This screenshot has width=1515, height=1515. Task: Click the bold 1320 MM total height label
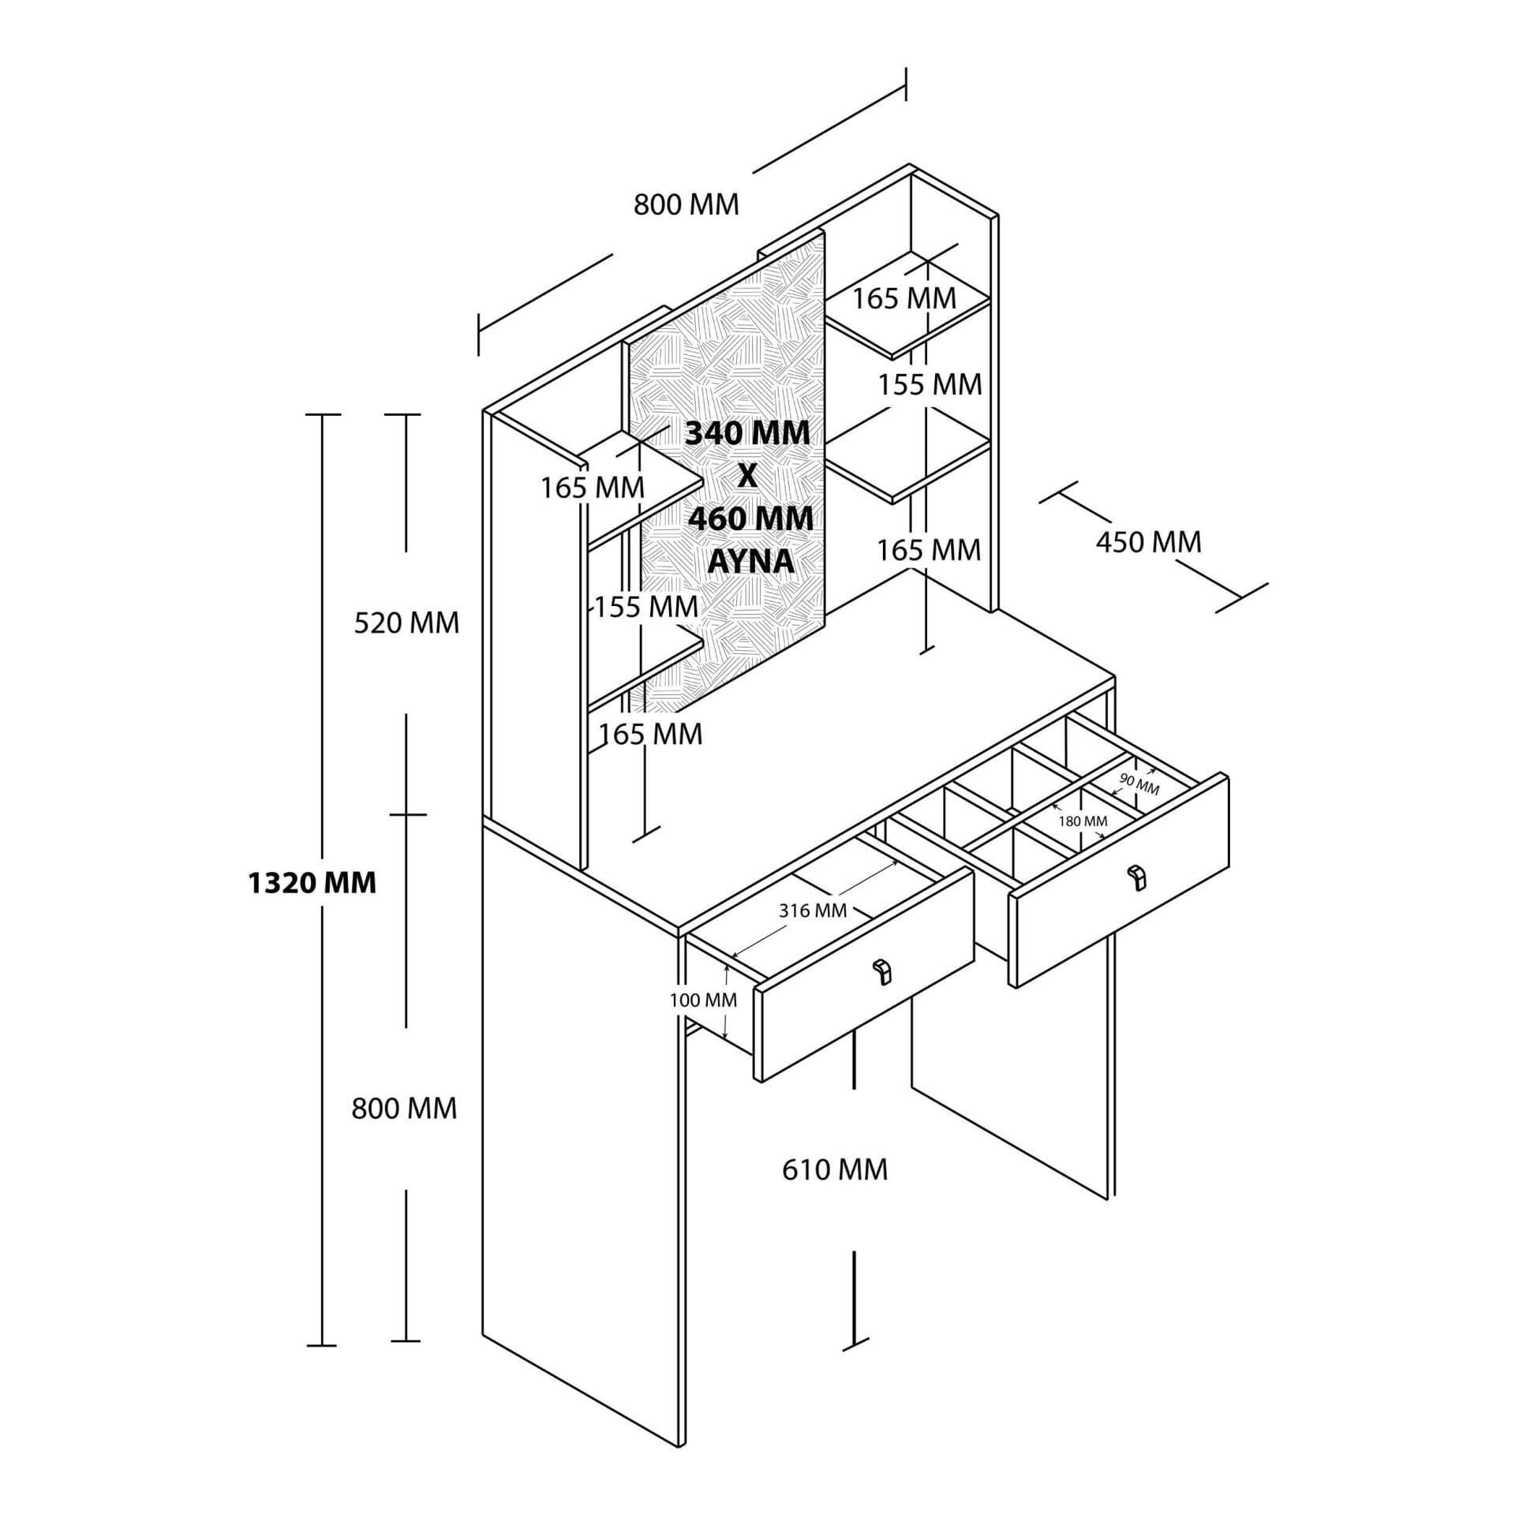(312, 883)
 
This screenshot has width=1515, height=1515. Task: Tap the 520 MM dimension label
(406, 623)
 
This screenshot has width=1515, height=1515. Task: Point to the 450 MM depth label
(1148, 542)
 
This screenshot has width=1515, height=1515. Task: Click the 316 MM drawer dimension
(813, 911)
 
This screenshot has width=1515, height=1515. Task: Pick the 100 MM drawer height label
(703, 1001)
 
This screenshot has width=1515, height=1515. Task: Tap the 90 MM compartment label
(1139, 786)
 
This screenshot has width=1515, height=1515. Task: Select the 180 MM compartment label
(1083, 821)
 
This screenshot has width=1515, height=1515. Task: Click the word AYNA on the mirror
(750, 561)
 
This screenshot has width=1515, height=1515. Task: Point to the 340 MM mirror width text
(747, 433)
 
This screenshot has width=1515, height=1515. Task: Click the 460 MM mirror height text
(750, 518)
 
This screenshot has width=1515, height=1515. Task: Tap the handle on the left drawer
(881, 972)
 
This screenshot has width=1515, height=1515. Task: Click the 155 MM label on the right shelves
(930, 384)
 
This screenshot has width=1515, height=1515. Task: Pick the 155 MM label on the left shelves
(646, 607)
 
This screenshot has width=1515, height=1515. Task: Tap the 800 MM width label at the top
(686, 204)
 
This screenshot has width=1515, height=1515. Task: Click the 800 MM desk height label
(404, 1109)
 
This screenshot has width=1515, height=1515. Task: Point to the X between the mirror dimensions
(747, 476)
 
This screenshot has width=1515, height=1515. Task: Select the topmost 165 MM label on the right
(904, 298)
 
